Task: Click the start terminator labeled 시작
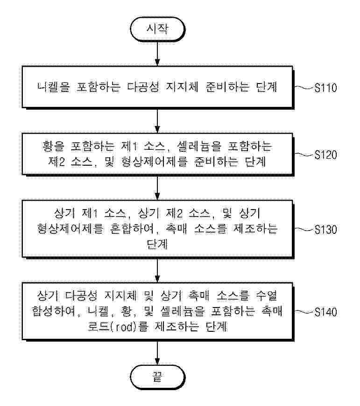(x=157, y=29)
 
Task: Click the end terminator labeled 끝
(x=157, y=376)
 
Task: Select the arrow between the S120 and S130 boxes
(x=157, y=188)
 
